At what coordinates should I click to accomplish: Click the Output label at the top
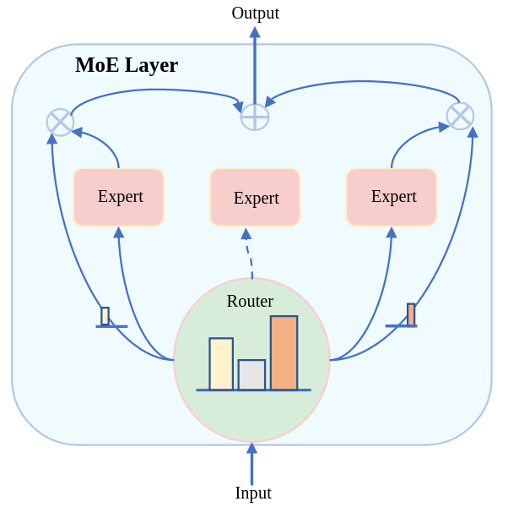coord(255,13)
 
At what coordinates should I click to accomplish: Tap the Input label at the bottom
coord(253,493)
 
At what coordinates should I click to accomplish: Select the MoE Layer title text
coord(127,65)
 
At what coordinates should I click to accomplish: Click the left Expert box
coord(119,197)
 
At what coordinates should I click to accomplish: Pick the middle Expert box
coord(255,198)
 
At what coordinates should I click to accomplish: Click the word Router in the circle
coord(250,301)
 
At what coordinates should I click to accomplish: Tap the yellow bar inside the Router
coord(221,364)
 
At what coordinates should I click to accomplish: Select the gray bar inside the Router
coord(251,375)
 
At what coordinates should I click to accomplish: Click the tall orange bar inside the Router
coord(284,353)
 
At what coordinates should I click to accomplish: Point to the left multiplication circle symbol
coord(60,122)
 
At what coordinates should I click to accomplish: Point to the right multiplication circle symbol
coord(460,116)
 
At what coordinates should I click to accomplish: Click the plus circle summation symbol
coord(255,117)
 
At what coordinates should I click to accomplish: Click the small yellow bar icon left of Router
coord(105,316)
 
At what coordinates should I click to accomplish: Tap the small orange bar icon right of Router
coord(411,314)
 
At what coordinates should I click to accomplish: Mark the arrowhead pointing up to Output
coord(255,32)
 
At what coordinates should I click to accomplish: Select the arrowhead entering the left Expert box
coord(119,232)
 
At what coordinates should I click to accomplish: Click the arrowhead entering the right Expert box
coord(392,232)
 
